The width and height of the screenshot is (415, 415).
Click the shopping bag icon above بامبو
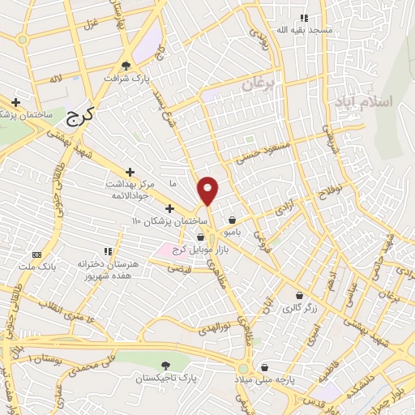pyautogui.click(x=233, y=219)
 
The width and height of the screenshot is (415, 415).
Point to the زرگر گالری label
pyautogui.click(x=299, y=308)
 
